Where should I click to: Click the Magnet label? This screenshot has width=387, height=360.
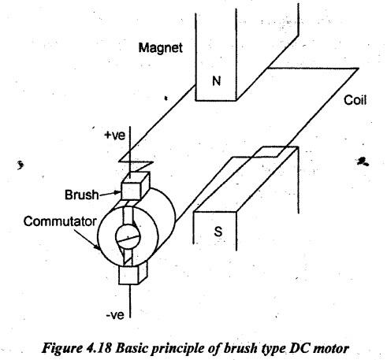click(160, 48)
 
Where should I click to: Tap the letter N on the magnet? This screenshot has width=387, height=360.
click(216, 81)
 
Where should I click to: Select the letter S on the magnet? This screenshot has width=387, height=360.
click(218, 232)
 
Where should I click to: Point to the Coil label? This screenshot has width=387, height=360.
click(355, 100)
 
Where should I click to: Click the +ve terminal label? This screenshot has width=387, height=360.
click(115, 135)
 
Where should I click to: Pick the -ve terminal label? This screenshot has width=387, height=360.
click(115, 315)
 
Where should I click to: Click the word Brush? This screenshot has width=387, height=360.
click(82, 195)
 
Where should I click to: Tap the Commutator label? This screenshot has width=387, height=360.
click(60, 221)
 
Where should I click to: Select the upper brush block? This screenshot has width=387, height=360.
click(135, 186)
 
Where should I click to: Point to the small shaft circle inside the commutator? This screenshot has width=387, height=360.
click(128, 236)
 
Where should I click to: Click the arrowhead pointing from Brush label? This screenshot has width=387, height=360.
click(117, 193)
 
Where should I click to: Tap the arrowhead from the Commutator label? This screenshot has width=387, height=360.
click(98, 247)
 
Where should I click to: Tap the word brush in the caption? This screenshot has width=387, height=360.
click(240, 348)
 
